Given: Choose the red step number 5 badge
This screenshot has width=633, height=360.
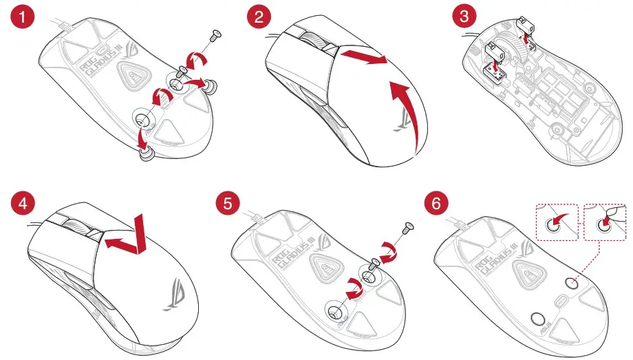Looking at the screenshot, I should coord(226,204).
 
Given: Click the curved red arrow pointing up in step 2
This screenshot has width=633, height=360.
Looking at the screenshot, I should coord(406,110).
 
